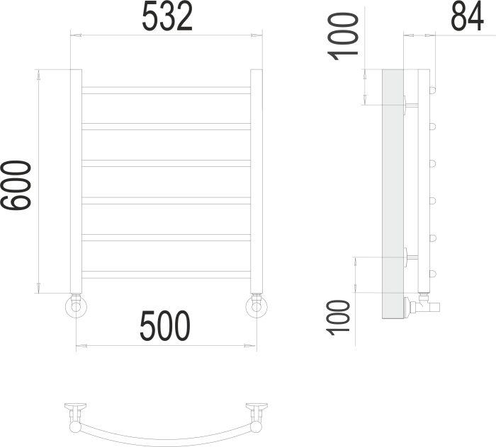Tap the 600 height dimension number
tap(16, 186)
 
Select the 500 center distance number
tap(165, 327)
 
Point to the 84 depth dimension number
tap(467, 17)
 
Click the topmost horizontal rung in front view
tap(167, 90)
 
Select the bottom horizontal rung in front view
tap(167, 274)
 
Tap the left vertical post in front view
tap(76, 180)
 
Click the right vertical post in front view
tap(257, 180)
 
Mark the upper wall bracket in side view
tap(410, 105)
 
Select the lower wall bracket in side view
tap(410, 256)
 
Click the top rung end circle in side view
tap(433, 91)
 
